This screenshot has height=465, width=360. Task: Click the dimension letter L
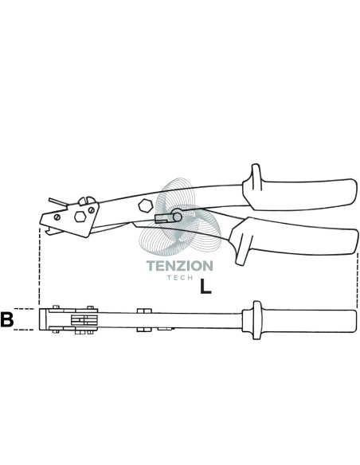click(x=205, y=286)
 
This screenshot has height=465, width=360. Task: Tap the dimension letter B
click(x=7, y=319)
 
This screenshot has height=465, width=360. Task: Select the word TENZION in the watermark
click(x=180, y=266)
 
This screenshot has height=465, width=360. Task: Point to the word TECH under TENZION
click(x=180, y=278)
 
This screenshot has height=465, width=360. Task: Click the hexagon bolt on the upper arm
click(x=146, y=205)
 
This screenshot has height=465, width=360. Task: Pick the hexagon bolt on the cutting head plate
click(x=80, y=217)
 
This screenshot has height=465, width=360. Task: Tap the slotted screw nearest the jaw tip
click(x=57, y=217)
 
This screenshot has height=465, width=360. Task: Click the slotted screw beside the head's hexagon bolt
click(x=92, y=210)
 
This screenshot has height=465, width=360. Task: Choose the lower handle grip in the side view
click(x=296, y=237)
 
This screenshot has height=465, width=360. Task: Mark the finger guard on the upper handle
click(x=256, y=177)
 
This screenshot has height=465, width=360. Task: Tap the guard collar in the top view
click(x=256, y=320)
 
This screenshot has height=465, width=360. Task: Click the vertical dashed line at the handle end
click(x=358, y=280)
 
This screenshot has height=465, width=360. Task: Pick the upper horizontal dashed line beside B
click(x=25, y=309)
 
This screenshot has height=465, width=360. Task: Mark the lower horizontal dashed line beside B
click(x=25, y=330)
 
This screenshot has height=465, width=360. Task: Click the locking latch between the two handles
click(x=168, y=217)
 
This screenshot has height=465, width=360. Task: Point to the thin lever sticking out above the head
click(x=58, y=201)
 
